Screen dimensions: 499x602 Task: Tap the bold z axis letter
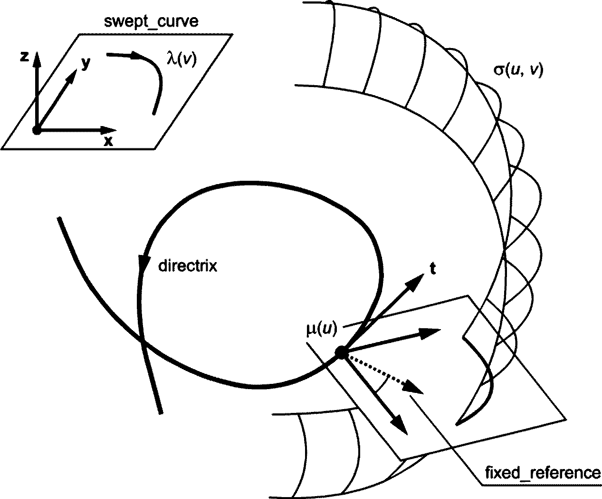tap(25, 57)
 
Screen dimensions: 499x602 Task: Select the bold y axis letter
tap(86, 63)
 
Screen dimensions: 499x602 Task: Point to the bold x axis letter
tap(109, 141)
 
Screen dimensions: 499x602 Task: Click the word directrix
tap(187, 265)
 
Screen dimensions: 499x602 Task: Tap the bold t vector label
tap(432, 269)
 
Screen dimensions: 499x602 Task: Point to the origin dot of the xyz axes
tap(37, 130)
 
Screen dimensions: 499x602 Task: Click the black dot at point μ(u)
tap(341, 352)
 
